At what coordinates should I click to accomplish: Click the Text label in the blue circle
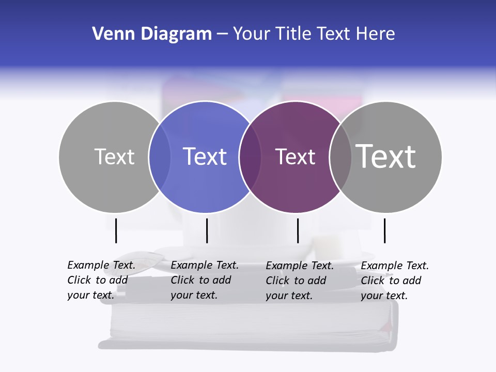pos(205,157)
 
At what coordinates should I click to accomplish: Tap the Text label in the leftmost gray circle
pos(114,157)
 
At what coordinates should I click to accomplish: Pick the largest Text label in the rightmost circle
pos(386,157)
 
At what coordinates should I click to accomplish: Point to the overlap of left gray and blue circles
pos(160,157)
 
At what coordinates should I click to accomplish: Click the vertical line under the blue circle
pos(207,230)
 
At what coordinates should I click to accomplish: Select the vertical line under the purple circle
pos(298,230)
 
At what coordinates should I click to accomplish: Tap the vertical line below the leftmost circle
pos(116,230)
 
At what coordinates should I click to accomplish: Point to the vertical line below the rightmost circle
pos(384,230)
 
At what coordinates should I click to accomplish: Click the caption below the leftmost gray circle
pos(101,280)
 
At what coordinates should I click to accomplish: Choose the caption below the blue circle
pos(205,280)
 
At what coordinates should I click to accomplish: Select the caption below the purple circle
pos(300,281)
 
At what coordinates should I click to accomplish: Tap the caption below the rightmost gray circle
pos(395,281)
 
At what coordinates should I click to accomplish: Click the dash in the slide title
pos(222,35)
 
